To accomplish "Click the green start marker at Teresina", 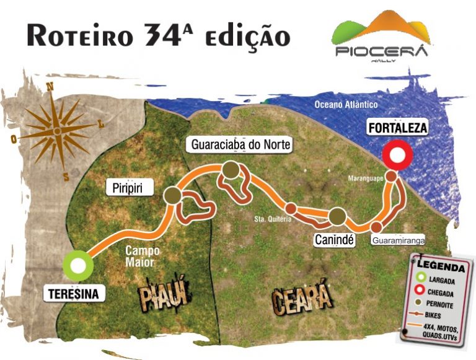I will click(x=78, y=265).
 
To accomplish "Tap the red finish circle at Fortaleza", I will click(x=398, y=156).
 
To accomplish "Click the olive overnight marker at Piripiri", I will click(x=173, y=196).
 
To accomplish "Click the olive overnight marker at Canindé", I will click(x=337, y=216).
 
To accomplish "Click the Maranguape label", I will click(x=365, y=179).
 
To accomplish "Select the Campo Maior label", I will click(x=142, y=257).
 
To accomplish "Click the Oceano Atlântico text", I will click(x=346, y=105).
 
